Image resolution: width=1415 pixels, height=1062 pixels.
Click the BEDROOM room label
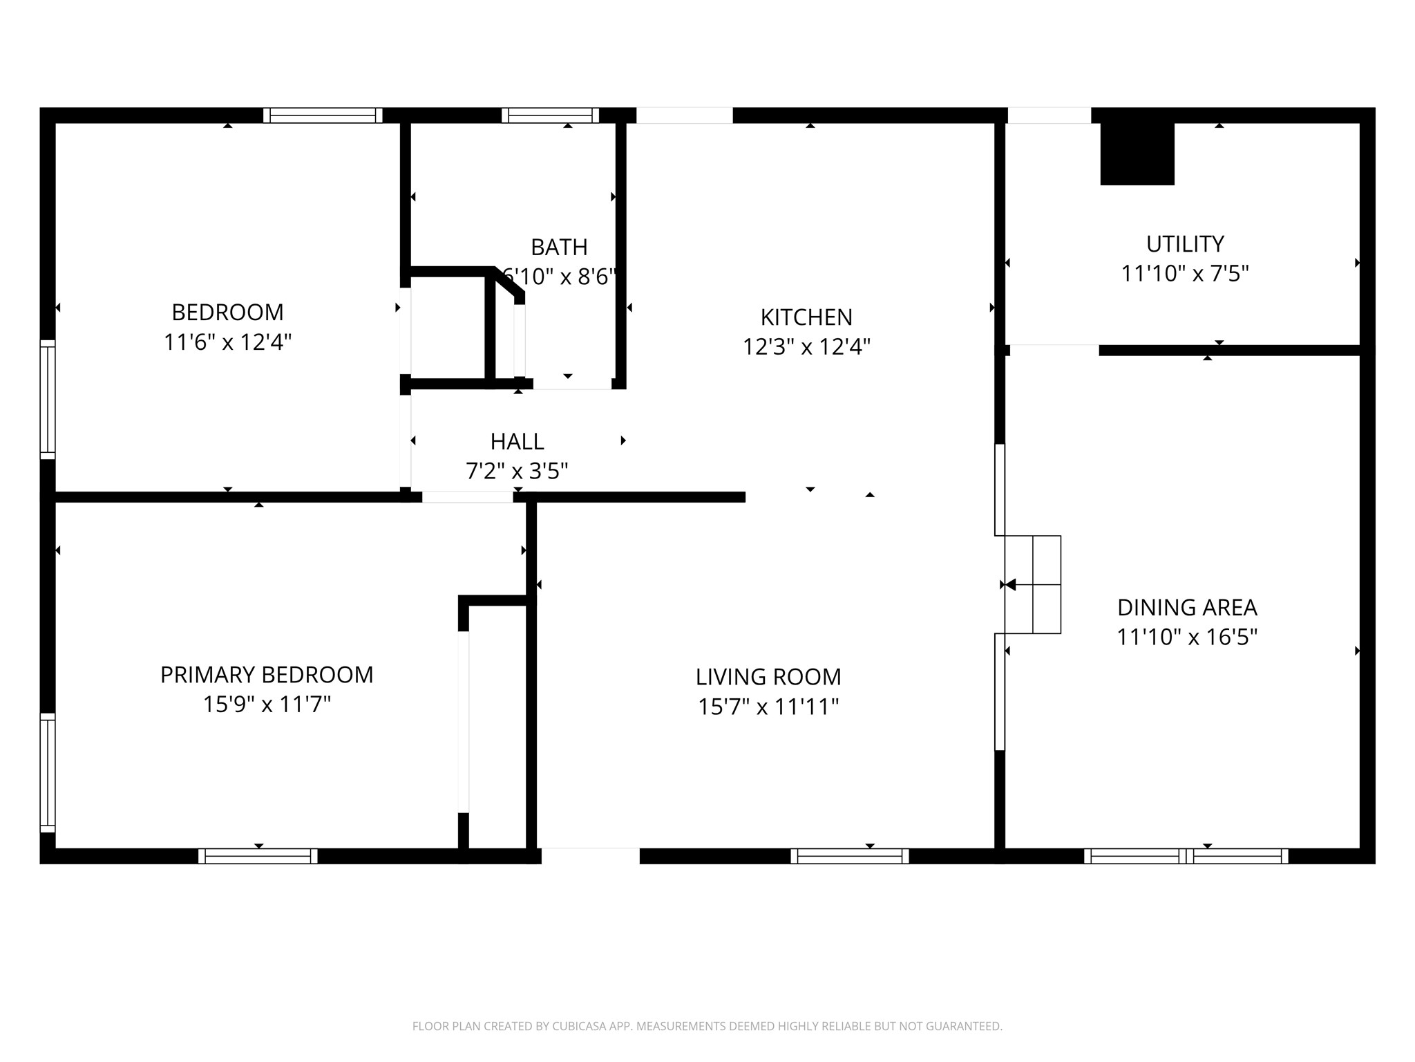227,313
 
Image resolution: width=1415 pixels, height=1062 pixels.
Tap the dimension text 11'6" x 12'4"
227,342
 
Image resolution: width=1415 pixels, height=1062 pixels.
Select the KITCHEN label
806,317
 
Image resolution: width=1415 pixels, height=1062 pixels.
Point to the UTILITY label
1185,244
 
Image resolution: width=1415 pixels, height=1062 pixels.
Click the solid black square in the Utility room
1137,154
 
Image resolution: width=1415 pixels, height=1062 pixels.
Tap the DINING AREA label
1187,608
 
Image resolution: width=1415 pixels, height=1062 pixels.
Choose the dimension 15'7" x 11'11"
768,707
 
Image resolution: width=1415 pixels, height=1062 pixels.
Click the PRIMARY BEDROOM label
267,675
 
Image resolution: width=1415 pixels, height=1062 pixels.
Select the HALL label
517,441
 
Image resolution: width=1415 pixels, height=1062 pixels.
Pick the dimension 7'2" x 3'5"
517,471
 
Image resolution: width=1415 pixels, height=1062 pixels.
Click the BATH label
559,247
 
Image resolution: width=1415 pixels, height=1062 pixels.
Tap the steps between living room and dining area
1032,584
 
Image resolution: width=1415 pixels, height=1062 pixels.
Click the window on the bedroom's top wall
323,115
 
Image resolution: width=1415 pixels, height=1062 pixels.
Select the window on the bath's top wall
550,115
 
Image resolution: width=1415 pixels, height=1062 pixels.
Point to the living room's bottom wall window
849,856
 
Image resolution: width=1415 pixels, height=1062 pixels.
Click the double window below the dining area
1186,856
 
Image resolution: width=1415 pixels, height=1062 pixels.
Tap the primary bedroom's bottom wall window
258,856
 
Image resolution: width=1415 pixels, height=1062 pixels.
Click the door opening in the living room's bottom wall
590,856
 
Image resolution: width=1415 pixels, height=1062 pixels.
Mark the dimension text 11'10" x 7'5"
1185,274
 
